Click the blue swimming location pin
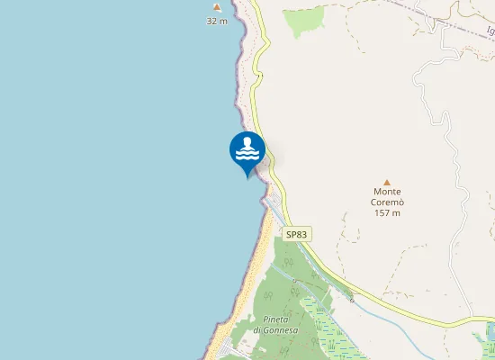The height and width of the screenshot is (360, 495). (x=247, y=151)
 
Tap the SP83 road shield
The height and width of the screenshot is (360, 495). (x=297, y=234)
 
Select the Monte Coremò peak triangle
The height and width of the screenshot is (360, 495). (x=387, y=182)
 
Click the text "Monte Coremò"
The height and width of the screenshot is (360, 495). (x=387, y=197)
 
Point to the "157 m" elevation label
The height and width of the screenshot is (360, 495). (x=387, y=212)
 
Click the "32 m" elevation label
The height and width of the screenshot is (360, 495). (x=217, y=20)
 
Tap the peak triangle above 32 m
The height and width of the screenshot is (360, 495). (x=217, y=7)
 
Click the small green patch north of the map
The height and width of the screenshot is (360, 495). (x=304, y=20)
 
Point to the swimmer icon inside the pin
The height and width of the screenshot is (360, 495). (x=247, y=144)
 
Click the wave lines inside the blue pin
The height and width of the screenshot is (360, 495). (x=247, y=155)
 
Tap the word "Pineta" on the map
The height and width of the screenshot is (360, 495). (x=276, y=319)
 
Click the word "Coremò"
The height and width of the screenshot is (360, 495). (x=387, y=202)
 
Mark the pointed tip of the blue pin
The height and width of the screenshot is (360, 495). (x=247, y=177)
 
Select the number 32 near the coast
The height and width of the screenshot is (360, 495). (x=212, y=20)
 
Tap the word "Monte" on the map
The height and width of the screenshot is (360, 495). (x=387, y=192)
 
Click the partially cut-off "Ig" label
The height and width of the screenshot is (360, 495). (x=490, y=31)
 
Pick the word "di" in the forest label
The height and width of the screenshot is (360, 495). (x=257, y=330)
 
